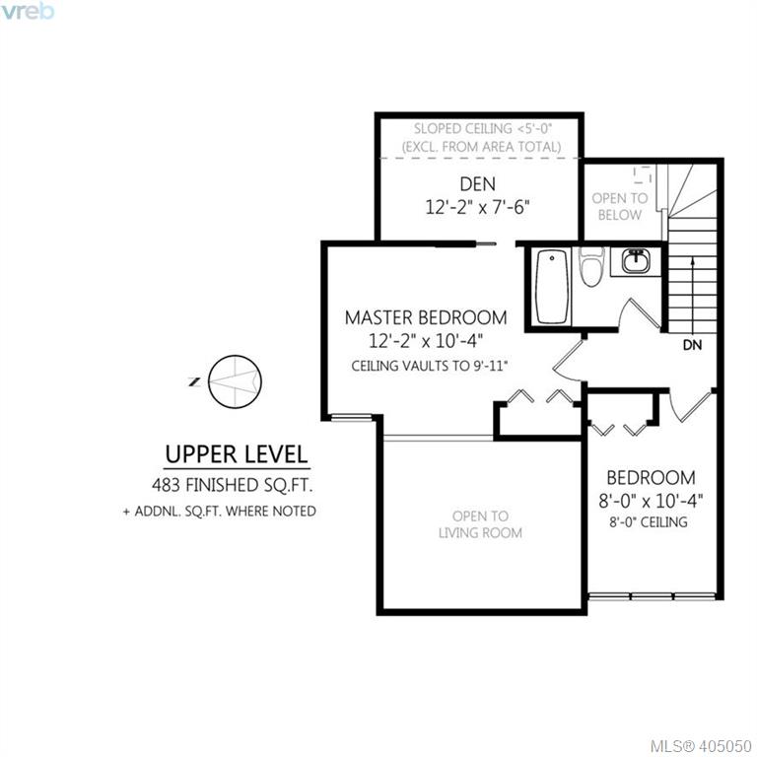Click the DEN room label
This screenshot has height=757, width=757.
pyautogui.click(x=477, y=184)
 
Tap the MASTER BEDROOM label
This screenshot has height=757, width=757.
pyautogui.click(x=426, y=317)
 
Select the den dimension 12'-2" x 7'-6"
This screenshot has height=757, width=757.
pyautogui.click(x=477, y=207)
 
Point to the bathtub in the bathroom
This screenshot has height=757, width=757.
pyautogui.click(x=552, y=287)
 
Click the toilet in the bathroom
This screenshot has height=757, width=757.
pyautogui.click(x=591, y=267)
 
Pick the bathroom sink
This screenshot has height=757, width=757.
pyautogui.click(x=635, y=262)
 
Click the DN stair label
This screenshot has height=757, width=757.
pyautogui.click(x=692, y=345)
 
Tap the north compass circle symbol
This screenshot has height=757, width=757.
pyautogui.click(x=236, y=381)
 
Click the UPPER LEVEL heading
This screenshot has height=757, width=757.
pyautogui.click(x=237, y=454)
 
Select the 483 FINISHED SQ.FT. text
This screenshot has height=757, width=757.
pyautogui.click(x=233, y=485)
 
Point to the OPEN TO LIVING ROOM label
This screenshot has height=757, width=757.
pyautogui.click(x=480, y=524)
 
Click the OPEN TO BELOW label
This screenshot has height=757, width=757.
pyautogui.click(x=620, y=207)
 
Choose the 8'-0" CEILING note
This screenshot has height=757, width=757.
pyautogui.click(x=649, y=521)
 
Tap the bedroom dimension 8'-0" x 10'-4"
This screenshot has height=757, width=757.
pyautogui.click(x=651, y=501)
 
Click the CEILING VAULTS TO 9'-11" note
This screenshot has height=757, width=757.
pyautogui.click(x=429, y=366)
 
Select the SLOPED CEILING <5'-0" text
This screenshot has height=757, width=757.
pyautogui.click(x=483, y=129)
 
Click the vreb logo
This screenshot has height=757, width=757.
pyautogui.click(x=27, y=11)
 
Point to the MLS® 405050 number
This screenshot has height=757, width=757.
pyautogui.click(x=701, y=746)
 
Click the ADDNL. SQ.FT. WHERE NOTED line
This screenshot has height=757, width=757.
pyautogui.click(x=220, y=512)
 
